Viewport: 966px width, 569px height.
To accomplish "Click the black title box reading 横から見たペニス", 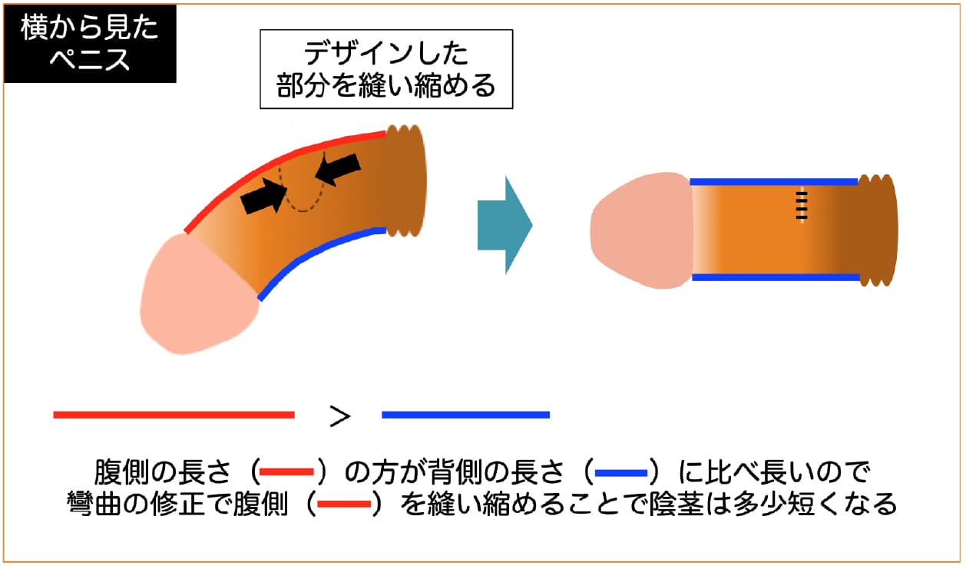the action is pyautogui.click(x=90, y=43).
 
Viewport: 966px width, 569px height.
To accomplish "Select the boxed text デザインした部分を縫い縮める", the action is pyautogui.click(x=386, y=69).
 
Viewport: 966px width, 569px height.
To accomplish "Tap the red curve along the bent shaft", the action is pyautogui.click(x=276, y=162).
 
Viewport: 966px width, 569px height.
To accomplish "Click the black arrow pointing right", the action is pyautogui.click(x=263, y=197).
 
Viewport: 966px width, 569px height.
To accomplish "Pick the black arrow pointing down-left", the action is pyautogui.click(x=338, y=169).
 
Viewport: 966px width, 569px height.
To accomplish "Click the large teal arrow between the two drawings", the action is pyautogui.click(x=505, y=225).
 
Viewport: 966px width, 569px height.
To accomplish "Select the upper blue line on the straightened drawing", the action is pyautogui.click(x=774, y=182).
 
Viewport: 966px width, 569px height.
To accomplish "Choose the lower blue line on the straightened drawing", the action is pyautogui.click(x=776, y=277).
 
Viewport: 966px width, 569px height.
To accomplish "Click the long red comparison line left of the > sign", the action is pyautogui.click(x=174, y=415).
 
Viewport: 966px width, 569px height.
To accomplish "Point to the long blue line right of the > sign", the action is pyautogui.click(x=466, y=415).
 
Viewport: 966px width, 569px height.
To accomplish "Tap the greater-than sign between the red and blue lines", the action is pyautogui.click(x=340, y=416).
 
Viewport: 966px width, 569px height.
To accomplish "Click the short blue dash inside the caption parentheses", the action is pyautogui.click(x=621, y=473).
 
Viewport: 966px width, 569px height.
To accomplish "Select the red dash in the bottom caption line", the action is pyautogui.click(x=344, y=504).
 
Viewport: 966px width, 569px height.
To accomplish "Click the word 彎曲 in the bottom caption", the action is pyautogui.click(x=94, y=504).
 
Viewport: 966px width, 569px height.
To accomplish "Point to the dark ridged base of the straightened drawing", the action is pyautogui.click(x=878, y=230).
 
